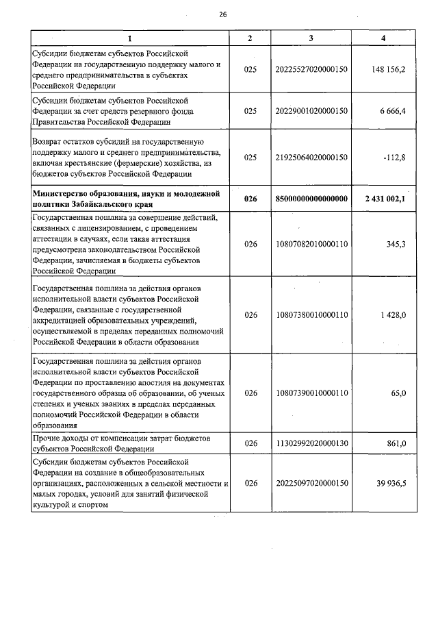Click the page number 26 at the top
222,14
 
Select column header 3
311,38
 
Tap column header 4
383,38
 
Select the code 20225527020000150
311,70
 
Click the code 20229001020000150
311,110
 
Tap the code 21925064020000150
311,157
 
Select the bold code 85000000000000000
311,199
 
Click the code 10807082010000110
311,243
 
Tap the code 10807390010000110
311,393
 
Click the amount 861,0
396,443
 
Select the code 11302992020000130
311,443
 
